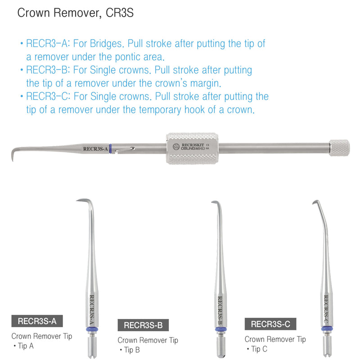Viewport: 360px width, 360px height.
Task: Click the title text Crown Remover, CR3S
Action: (75, 13)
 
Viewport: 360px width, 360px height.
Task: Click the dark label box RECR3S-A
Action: (37, 321)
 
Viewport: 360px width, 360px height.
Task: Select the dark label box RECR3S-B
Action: (143, 324)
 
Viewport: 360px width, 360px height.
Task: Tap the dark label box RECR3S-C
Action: (270, 324)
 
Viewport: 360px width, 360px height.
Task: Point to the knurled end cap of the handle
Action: (339, 148)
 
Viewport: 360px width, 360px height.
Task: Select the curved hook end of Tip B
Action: (213, 203)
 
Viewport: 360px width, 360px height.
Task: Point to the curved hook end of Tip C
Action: (315, 202)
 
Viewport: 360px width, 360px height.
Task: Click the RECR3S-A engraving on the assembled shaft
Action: (95, 148)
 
